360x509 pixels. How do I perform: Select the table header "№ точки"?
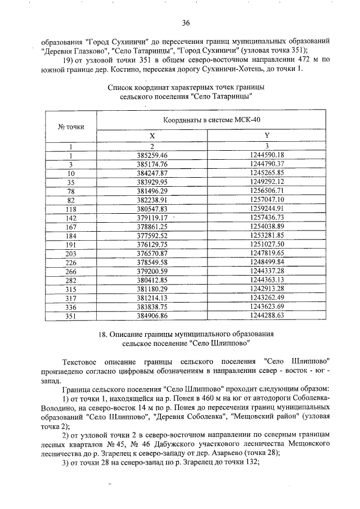(x=71, y=127)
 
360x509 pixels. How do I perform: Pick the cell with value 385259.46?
(x=152, y=155)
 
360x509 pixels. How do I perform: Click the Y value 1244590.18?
(x=266, y=155)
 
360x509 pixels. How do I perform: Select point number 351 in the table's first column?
(x=71, y=316)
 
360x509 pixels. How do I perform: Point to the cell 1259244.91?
(x=266, y=209)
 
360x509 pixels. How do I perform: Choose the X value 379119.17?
(x=152, y=218)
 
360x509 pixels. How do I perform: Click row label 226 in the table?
(x=71, y=262)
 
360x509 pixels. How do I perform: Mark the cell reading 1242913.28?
(x=266, y=289)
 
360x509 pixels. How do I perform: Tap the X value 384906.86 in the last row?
(x=152, y=316)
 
